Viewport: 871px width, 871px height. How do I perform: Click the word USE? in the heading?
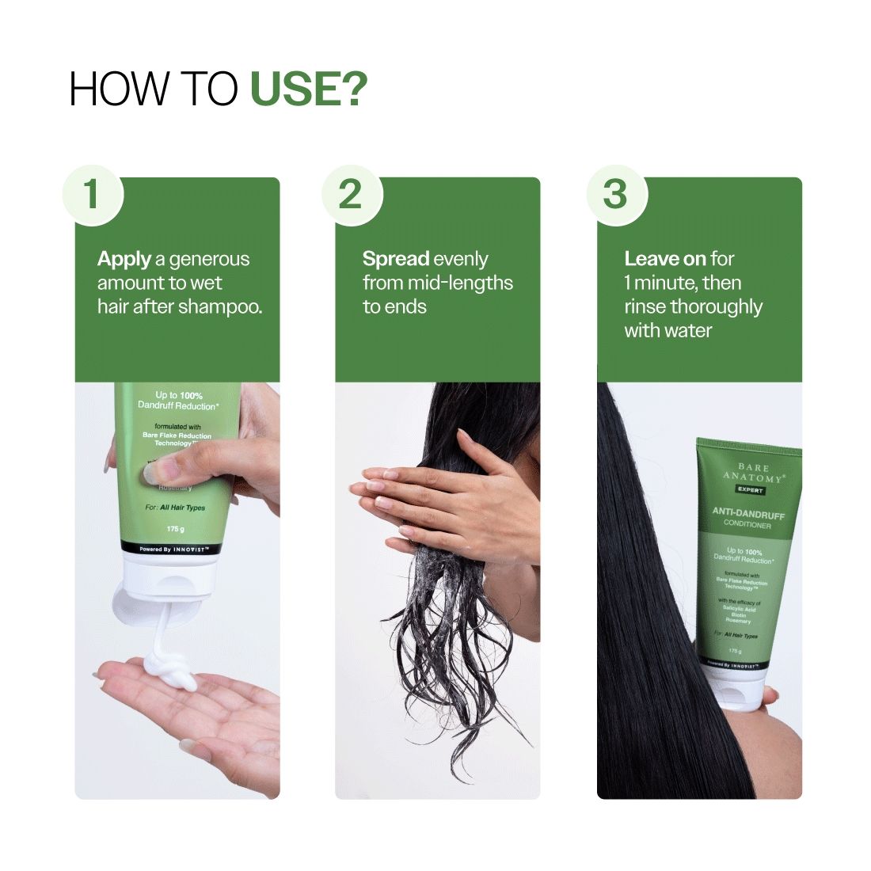click(x=309, y=89)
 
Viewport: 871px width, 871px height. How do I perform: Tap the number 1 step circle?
click(x=93, y=194)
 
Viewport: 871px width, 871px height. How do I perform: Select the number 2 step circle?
click(x=352, y=194)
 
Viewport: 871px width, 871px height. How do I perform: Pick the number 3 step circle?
click(x=615, y=194)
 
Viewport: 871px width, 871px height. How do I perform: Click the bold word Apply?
click(x=124, y=259)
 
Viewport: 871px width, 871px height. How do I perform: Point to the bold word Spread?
click(x=396, y=259)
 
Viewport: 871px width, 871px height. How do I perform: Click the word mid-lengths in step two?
click(x=459, y=283)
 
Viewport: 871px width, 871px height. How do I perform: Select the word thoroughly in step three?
click(x=716, y=306)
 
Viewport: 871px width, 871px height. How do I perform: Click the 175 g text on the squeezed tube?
click(x=175, y=529)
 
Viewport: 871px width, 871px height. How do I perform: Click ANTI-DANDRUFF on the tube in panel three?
click(x=748, y=514)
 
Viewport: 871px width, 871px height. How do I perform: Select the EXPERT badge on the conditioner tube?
click(x=748, y=491)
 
